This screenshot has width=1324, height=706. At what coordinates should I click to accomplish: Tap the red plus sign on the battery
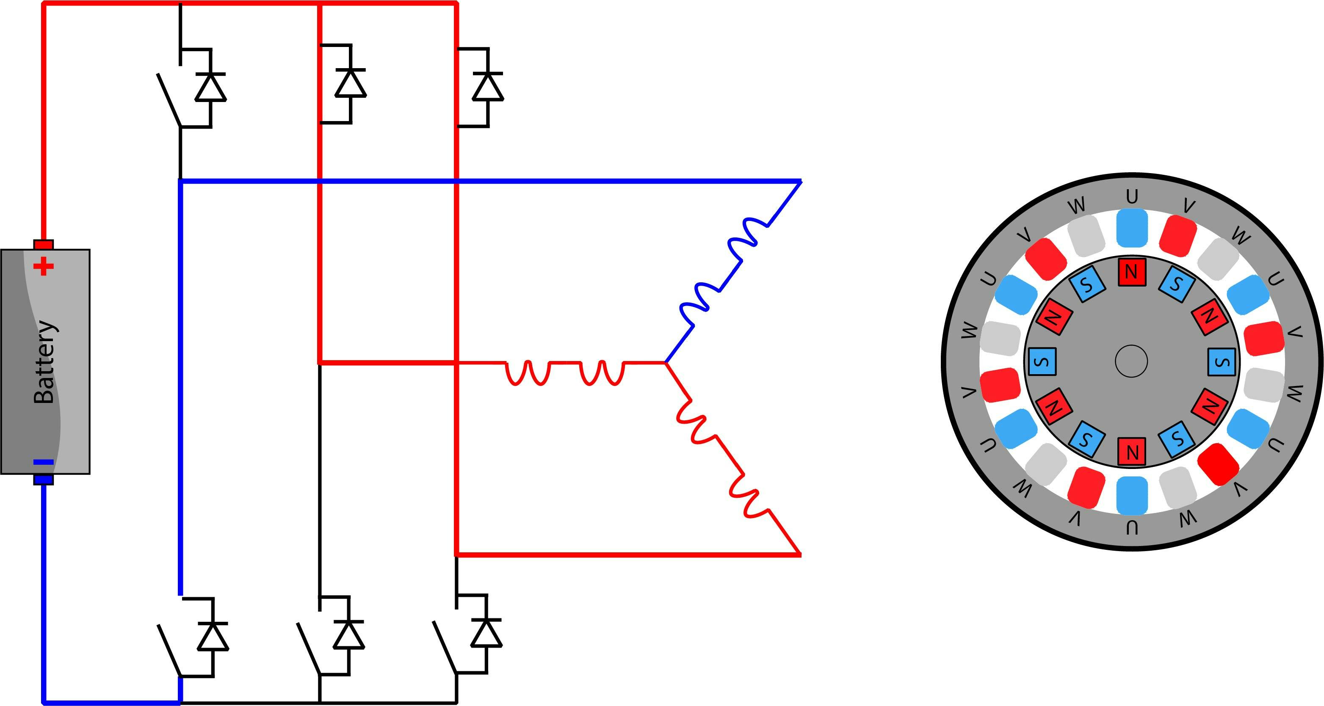point(43,266)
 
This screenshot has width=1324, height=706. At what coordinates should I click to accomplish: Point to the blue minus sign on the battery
point(43,462)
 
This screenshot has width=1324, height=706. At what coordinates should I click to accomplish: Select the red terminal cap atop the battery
point(43,245)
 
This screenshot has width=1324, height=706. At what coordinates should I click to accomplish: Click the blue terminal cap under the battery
point(43,480)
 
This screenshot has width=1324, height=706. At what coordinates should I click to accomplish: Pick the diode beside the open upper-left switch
point(210,87)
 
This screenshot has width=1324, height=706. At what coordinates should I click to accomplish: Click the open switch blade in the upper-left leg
point(169,100)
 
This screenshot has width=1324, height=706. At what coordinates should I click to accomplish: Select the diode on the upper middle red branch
point(351,83)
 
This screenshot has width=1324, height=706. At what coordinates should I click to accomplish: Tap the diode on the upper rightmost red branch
point(487,86)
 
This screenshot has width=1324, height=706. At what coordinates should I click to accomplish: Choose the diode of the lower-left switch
point(213,637)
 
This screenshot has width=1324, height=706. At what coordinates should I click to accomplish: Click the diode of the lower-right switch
point(486,633)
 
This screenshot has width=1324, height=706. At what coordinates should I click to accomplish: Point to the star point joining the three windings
point(665,363)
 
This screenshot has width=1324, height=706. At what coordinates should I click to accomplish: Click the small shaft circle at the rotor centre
point(1131,361)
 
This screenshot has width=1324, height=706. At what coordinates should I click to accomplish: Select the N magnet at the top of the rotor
point(1131,272)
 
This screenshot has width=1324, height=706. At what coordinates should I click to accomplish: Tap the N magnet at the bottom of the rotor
point(1131,452)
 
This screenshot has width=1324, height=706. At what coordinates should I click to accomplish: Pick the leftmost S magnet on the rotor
point(1042,361)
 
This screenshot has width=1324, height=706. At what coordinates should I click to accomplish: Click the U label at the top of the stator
point(1132,196)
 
